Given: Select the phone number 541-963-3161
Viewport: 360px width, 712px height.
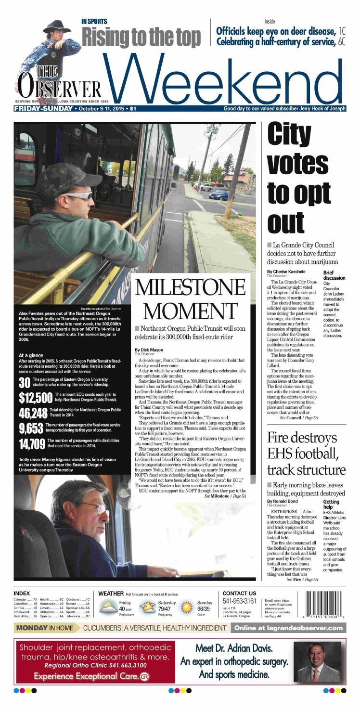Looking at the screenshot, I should pyautogui.click(x=239, y=601).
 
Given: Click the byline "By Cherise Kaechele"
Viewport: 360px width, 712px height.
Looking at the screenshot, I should pyautogui.click(x=287, y=272).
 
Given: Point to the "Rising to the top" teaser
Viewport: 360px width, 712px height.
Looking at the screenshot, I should pyautogui.click(x=141, y=37).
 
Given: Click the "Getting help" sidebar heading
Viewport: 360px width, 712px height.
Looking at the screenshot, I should pyautogui.click(x=331, y=505).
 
